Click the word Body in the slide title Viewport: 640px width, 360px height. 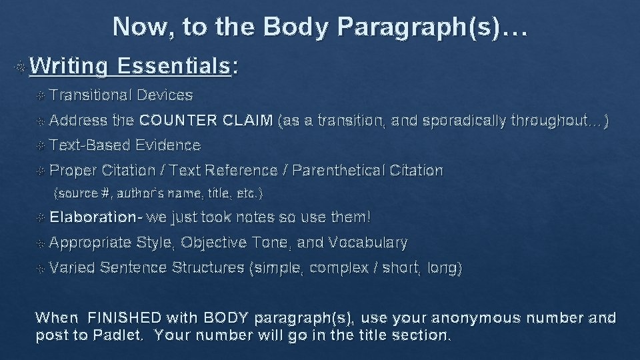295,27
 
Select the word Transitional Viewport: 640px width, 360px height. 90,95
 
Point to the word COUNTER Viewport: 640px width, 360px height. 178,121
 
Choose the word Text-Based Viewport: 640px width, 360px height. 90,145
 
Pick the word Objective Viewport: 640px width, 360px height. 213,243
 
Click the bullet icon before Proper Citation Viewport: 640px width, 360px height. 41,171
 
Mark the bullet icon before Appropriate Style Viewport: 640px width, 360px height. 41,243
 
